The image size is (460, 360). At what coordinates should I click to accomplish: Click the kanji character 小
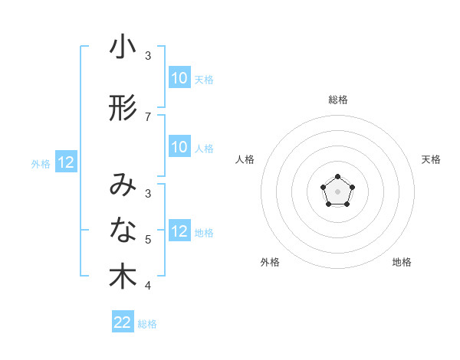(x=123, y=47)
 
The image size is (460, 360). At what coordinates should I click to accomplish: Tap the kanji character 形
(x=123, y=108)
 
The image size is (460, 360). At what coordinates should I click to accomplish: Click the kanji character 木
(x=123, y=277)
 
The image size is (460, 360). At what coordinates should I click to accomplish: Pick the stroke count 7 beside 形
(x=148, y=116)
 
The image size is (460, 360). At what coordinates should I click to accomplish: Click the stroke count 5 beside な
(x=148, y=240)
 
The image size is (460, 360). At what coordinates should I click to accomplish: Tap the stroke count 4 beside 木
(x=148, y=286)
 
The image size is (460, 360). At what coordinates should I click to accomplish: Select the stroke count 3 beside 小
(x=148, y=56)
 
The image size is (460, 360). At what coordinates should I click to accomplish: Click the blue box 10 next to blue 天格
(x=179, y=78)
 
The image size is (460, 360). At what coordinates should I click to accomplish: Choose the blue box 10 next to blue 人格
(x=179, y=148)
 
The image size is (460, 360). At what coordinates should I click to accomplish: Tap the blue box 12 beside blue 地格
(x=179, y=232)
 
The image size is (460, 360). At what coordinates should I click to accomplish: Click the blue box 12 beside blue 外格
(x=65, y=162)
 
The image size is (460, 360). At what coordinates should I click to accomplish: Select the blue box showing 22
(x=123, y=322)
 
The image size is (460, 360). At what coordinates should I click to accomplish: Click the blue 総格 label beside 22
(x=147, y=324)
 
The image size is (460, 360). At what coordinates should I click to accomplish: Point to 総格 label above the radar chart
(x=338, y=100)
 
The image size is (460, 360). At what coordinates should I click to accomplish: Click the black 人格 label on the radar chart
(x=245, y=159)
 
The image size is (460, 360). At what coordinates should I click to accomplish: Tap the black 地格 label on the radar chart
(x=402, y=262)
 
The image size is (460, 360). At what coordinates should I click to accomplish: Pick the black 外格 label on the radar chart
(x=270, y=262)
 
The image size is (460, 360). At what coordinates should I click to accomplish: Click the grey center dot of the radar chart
(x=337, y=191)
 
